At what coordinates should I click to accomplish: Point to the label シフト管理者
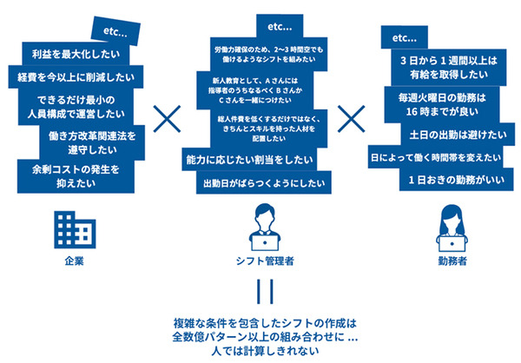point(263,260)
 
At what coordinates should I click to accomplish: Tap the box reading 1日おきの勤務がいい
point(444,180)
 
